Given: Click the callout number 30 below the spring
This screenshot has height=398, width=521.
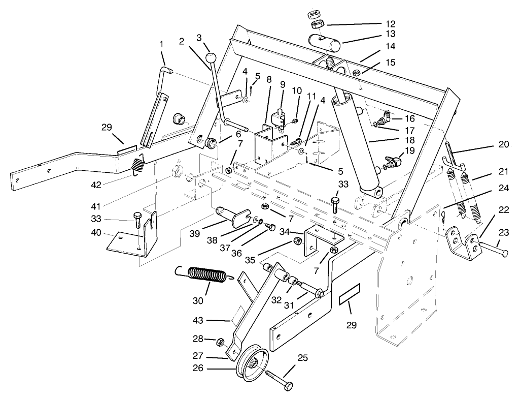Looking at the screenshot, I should pyautogui.click(x=198, y=300).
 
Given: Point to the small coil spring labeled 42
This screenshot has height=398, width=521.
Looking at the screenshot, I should pyautogui.click(x=138, y=165).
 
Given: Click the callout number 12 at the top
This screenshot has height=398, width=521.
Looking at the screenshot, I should pyautogui.click(x=390, y=23).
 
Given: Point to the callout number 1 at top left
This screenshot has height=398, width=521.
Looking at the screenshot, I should pyautogui.click(x=162, y=44).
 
